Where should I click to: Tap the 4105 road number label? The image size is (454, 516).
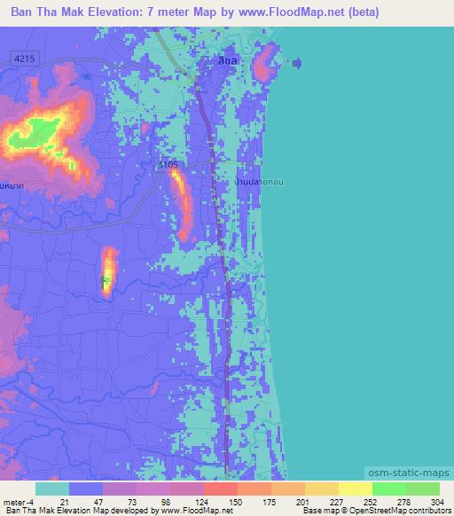click(169, 165)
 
